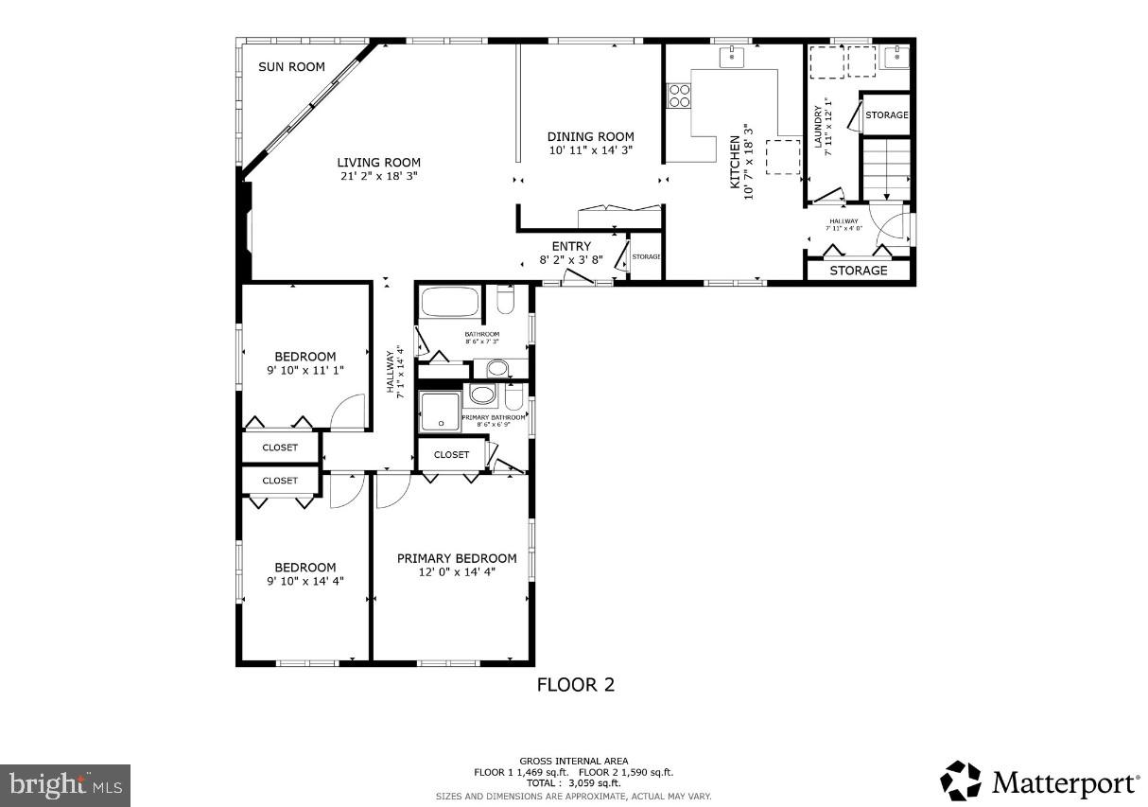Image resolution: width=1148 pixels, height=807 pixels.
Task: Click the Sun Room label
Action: point(292,67)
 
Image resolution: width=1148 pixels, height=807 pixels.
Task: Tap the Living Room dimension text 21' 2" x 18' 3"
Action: point(378,176)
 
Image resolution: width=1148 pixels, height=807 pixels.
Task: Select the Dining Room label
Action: point(590,136)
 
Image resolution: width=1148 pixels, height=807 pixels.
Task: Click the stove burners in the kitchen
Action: point(679,95)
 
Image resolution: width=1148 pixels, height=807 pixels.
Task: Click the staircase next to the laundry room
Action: point(885,168)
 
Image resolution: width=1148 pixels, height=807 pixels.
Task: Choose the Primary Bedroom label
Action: point(457,558)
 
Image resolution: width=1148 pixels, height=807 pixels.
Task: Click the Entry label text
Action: point(571,247)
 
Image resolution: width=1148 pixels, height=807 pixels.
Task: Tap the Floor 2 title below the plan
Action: point(575,685)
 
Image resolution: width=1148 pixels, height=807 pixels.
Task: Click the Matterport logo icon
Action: point(960,781)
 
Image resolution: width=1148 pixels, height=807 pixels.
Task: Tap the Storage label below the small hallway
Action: point(858,271)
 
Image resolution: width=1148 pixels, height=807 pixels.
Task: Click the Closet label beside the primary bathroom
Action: point(451,455)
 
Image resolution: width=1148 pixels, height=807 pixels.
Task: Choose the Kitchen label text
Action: point(736,162)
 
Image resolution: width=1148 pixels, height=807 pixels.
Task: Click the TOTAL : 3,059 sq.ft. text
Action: point(573,783)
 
